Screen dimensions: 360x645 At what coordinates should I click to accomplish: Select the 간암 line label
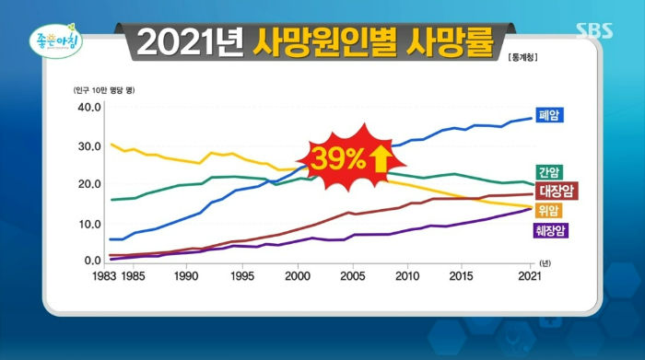pos(549,172)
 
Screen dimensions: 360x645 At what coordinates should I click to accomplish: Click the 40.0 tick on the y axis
pos(88,107)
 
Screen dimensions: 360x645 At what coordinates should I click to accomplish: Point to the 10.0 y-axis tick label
pos(88,224)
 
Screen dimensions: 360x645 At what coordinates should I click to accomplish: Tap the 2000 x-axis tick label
pos(298,275)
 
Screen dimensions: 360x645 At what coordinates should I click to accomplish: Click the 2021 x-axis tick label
pos(528,275)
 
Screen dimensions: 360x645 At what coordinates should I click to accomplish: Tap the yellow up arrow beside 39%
pos(379,159)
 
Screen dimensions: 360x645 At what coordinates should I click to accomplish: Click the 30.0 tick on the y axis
pos(88,146)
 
